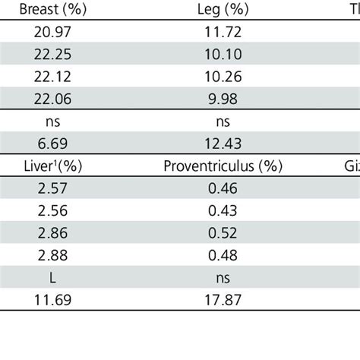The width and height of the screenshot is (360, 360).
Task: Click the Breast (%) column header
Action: pos(52,10)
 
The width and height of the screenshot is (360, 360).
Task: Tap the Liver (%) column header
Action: pos(52,165)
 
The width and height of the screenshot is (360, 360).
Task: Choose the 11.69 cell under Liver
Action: pos(52,299)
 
